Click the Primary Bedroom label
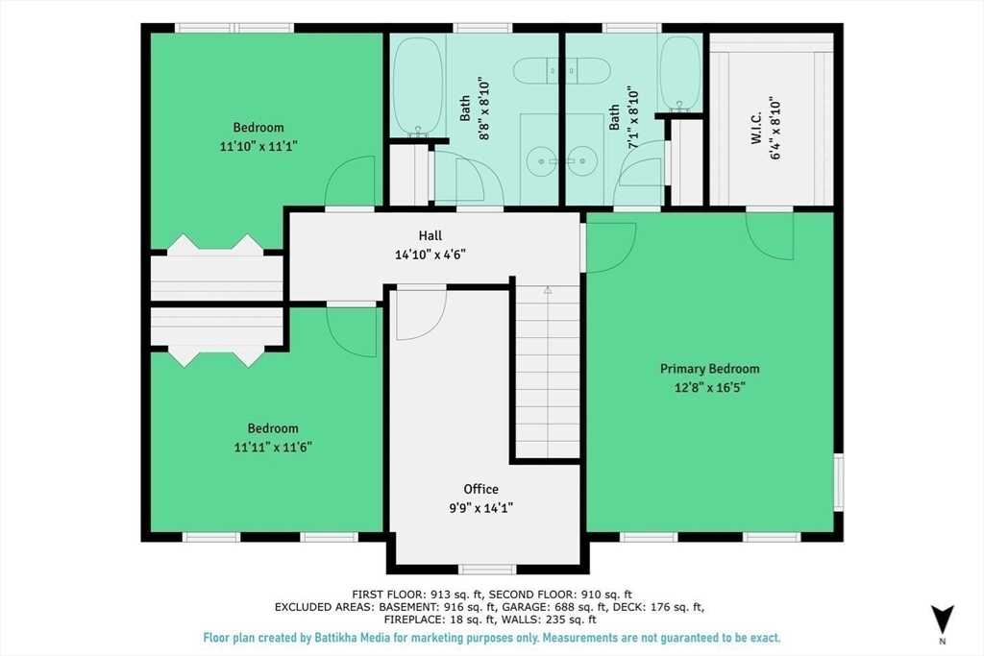(x=710, y=369)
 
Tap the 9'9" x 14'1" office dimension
(x=481, y=508)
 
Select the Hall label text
(x=430, y=236)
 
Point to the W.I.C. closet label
(x=756, y=129)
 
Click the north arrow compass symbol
(x=942, y=620)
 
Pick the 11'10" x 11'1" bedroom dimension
(x=258, y=146)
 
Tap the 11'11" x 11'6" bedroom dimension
(x=273, y=448)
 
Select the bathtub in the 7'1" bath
(x=679, y=74)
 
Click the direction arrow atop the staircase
(x=547, y=290)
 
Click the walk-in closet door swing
(x=770, y=236)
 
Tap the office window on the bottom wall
(x=487, y=570)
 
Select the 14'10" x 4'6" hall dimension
(x=430, y=255)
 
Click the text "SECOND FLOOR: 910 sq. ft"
(x=560, y=595)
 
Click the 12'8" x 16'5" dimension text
(x=710, y=388)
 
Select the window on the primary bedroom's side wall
(x=838, y=481)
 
